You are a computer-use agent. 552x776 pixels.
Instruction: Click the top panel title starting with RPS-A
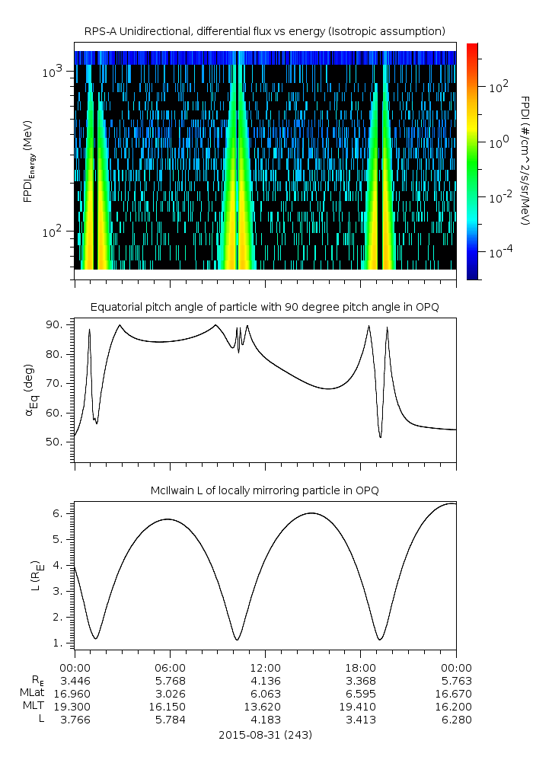click(265, 32)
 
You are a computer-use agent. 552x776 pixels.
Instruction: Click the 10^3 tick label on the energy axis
click(52, 72)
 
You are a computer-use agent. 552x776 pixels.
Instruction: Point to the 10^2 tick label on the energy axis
click(52, 232)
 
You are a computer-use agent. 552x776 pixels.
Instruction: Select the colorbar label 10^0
click(499, 143)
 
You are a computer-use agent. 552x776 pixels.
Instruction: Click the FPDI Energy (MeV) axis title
click(29, 161)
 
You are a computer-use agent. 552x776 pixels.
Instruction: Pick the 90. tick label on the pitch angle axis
click(54, 324)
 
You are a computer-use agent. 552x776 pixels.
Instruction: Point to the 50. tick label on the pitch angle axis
click(54, 442)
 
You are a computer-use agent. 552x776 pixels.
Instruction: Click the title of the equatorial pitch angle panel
click(265, 308)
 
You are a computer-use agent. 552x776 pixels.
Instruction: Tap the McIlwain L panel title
click(265, 490)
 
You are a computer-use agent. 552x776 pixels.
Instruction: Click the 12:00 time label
click(265, 668)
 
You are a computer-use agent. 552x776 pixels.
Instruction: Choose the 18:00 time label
click(361, 668)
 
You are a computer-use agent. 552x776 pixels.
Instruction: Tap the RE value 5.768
click(170, 681)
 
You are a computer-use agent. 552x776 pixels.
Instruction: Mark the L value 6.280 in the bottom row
click(457, 720)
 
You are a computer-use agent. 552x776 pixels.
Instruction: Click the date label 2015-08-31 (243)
click(265, 735)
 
